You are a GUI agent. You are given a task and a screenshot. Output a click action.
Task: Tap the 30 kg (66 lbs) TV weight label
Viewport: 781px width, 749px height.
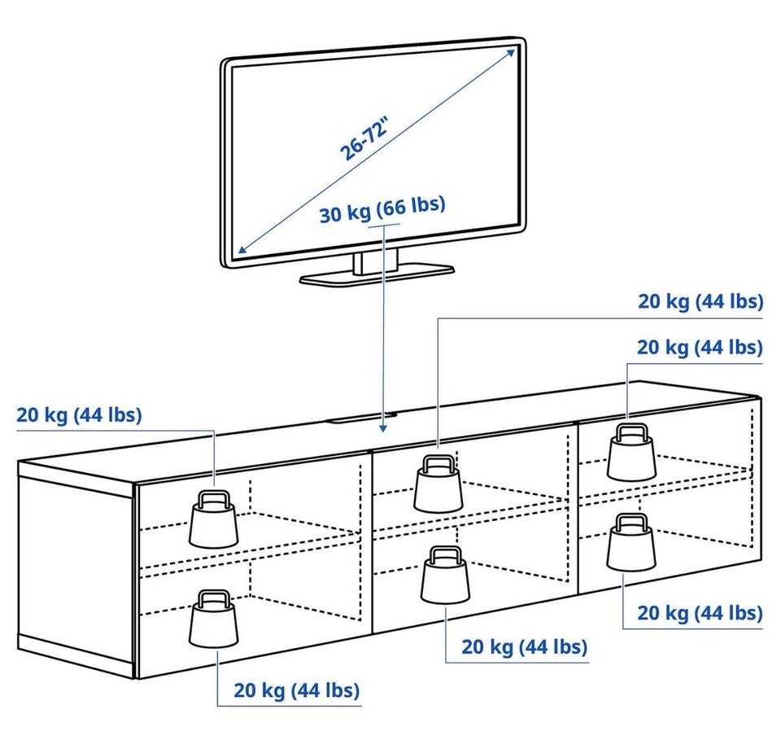382,211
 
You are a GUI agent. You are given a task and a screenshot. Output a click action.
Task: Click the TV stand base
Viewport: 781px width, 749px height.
376,274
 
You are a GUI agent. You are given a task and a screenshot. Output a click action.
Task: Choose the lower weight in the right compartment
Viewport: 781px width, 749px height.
630,542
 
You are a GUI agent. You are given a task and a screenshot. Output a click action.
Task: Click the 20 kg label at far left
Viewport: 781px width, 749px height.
79,415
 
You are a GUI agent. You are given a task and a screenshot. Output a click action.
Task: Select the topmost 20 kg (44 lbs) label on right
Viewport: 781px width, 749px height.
700,302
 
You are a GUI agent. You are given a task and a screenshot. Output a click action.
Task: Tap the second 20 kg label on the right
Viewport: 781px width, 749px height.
700,348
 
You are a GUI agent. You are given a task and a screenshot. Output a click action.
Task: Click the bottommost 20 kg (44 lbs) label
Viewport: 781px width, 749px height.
297,691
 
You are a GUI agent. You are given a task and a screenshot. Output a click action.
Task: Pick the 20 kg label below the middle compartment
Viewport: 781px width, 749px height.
524,647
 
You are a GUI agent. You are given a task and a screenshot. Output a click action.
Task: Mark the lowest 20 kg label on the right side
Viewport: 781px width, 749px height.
700,612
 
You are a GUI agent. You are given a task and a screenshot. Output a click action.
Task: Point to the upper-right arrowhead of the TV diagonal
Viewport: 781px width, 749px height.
510,51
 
